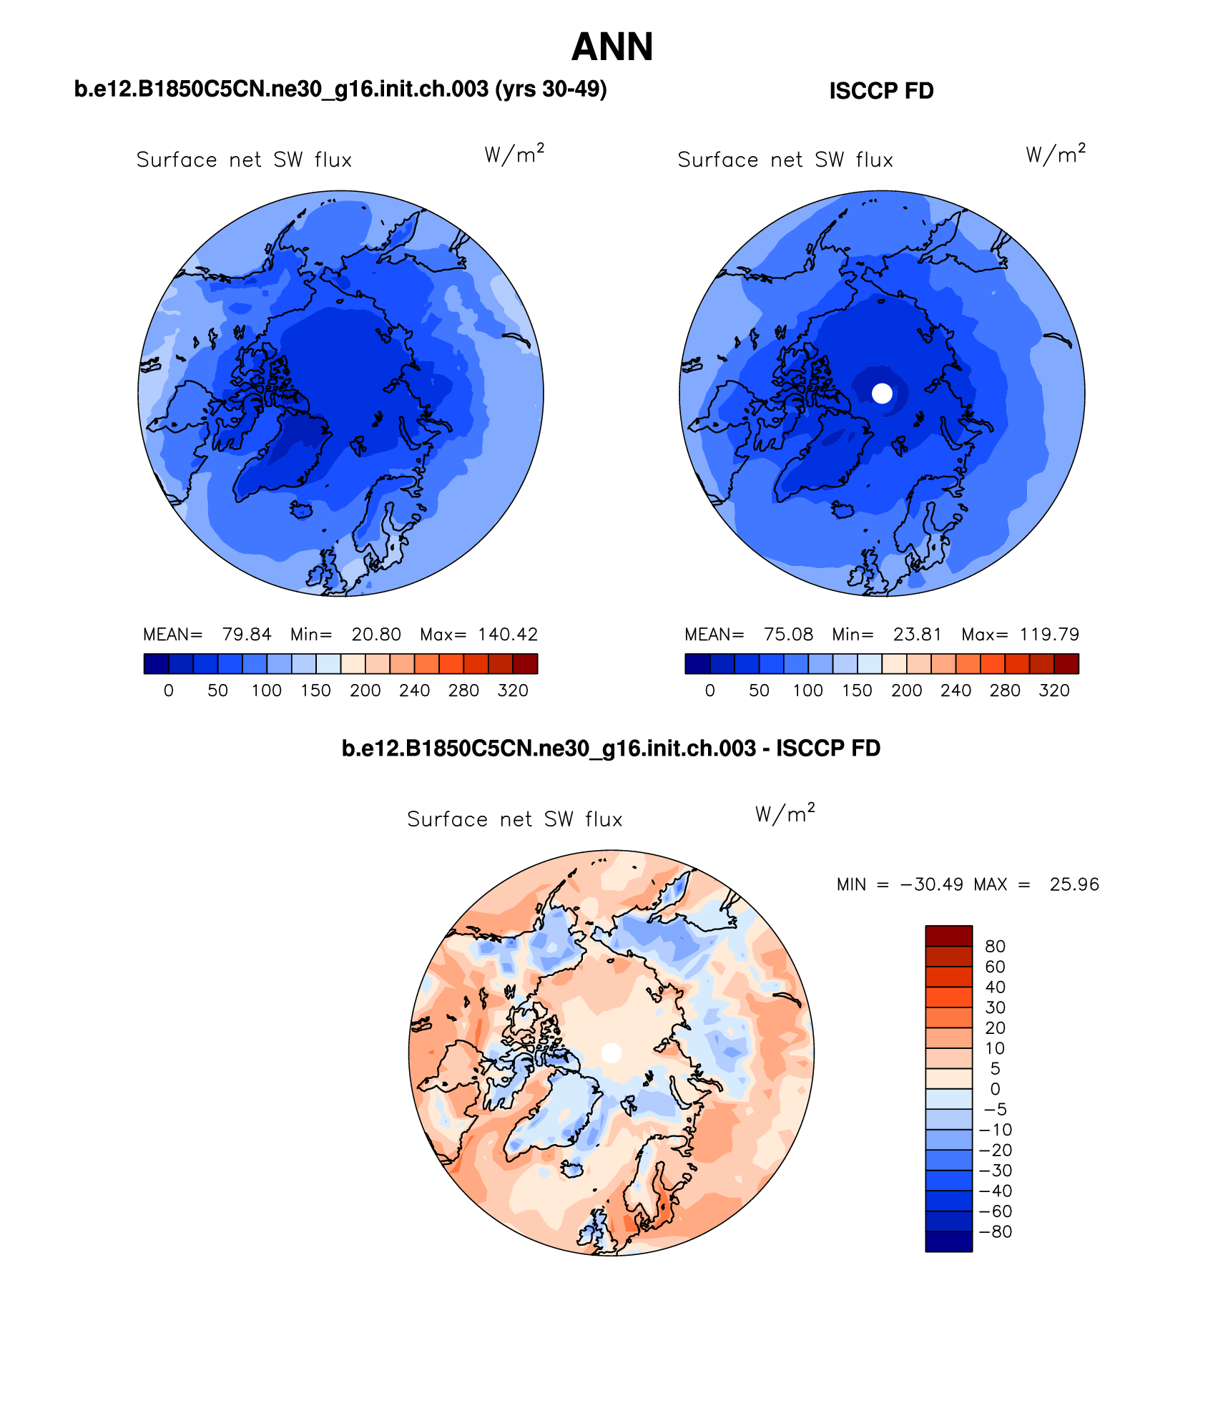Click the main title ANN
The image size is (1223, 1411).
612,47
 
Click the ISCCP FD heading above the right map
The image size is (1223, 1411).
881,91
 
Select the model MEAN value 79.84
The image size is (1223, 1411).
247,635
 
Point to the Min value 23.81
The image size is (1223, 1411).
918,635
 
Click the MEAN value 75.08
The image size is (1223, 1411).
788,635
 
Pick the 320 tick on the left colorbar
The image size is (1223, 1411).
513,690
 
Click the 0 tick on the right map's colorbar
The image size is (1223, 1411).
709,690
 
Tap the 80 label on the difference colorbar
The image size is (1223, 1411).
995,947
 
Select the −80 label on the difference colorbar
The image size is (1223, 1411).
995,1231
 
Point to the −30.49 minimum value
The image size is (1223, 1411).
931,884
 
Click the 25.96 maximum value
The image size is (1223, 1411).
1074,884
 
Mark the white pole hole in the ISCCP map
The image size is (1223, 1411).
883,393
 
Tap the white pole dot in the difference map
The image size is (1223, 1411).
611,1053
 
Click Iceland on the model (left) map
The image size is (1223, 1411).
302,509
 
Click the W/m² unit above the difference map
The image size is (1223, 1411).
785,814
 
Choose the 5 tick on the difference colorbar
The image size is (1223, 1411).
995,1068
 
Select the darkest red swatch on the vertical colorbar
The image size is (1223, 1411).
948,936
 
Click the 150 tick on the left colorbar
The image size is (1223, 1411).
315,690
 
